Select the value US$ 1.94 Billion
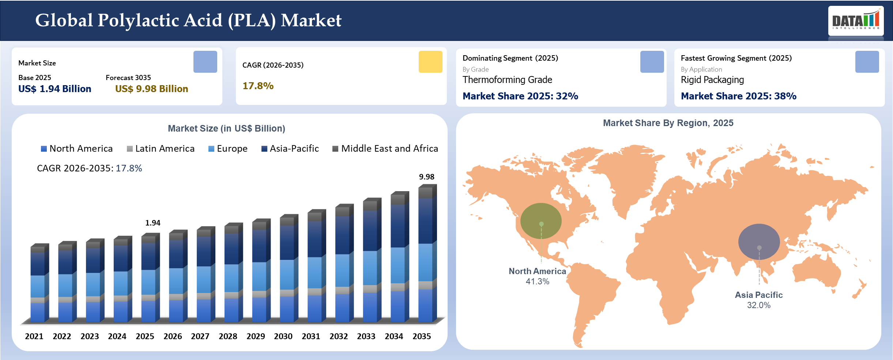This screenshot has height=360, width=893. tap(55, 89)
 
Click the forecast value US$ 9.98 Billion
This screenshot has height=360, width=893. tap(151, 89)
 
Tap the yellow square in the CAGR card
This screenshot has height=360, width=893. tap(430, 62)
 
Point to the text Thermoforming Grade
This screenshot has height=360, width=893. tap(507, 80)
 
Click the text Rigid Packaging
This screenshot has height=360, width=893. tap(712, 80)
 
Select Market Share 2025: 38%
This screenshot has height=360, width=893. tap(738, 96)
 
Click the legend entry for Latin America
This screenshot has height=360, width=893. tap(161, 149)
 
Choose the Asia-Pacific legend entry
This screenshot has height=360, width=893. tap(290, 149)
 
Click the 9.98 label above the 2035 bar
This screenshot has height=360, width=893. tap(426, 177)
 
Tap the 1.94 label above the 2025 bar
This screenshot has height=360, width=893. tap(152, 223)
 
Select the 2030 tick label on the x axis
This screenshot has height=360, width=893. tap(283, 336)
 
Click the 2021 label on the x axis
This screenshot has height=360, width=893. tap(34, 336)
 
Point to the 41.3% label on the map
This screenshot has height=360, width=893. tap(537, 281)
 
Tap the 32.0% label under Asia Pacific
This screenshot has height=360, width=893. tap(758, 305)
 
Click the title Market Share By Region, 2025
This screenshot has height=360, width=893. tap(668, 123)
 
